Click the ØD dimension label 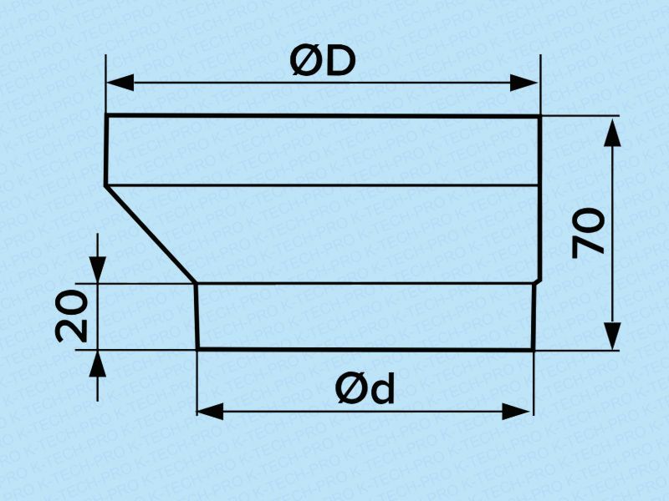click(x=322, y=61)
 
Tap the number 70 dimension click(x=588, y=234)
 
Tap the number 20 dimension click(x=72, y=316)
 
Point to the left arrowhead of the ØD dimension click(x=120, y=82)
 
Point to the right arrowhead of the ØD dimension click(x=524, y=83)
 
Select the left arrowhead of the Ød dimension click(x=211, y=412)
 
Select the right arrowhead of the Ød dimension click(x=516, y=412)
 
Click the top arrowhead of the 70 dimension click(x=613, y=134)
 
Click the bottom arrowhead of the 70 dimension click(x=613, y=336)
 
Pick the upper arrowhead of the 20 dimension click(x=98, y=268)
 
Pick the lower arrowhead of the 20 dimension click(x=98, y=364)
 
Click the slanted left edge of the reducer click(x=151, y=234)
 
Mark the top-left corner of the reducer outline click(x=107, y=115)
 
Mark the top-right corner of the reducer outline click(x=539, y=116)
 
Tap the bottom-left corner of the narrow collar click(x=198, y=349)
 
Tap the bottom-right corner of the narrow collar click(x=534, y=350)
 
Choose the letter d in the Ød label click(x=381, y=388)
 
